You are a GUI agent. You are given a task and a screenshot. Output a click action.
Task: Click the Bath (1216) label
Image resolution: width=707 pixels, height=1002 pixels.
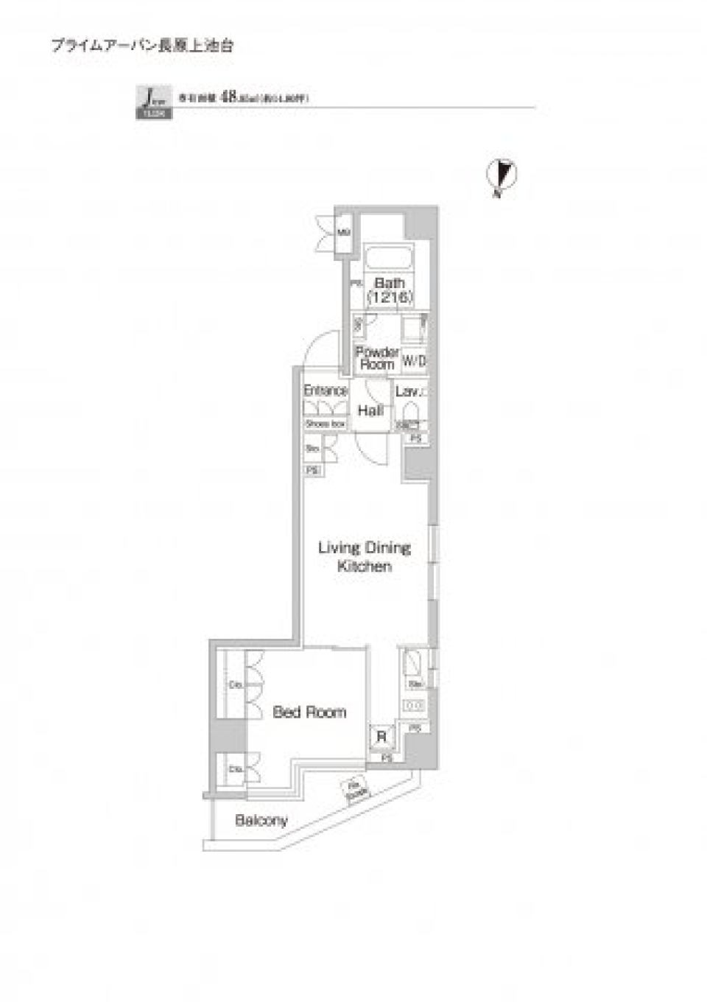pyautogui.click(x=390, y=290)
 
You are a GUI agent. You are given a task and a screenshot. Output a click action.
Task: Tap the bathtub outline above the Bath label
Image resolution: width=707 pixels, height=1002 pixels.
pyautogui.click(x=390, y=260)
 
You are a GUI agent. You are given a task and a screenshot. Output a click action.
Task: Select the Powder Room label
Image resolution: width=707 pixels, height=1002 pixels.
pyautogui.click(x=377, y=358)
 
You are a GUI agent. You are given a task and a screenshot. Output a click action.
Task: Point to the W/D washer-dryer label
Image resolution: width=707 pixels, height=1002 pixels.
pyautogui.click(x=414, y=362)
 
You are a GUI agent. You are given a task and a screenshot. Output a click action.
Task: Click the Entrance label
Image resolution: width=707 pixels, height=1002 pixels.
pyautogui.click(x=326, y=390)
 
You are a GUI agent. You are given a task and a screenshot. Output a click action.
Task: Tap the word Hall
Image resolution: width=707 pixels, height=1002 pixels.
pyautogui.click(x=370, y=410)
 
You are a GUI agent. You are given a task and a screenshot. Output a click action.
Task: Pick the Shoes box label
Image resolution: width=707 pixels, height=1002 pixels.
pyautogui.click(x=326, y=424)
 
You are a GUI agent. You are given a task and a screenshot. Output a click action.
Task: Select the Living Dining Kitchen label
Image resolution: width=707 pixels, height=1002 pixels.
pyautogui.click(x=364, y=557)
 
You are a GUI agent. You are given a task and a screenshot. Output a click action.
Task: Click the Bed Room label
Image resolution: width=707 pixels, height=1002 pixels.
pyautogui.click(x=309, y=712)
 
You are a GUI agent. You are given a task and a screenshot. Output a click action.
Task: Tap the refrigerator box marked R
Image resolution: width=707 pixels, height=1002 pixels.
pyautogui.click(x=381, y=736)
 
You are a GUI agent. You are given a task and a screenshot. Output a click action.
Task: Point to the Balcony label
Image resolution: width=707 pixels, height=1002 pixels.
pyautogui.click(x=261, y=820)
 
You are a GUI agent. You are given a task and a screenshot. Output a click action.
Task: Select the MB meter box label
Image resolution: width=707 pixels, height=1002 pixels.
pyautogui.click(x=344, y=233)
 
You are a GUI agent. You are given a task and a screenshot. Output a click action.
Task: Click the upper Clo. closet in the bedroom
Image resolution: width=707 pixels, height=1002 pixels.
pyautogui.click(x=236, y=685)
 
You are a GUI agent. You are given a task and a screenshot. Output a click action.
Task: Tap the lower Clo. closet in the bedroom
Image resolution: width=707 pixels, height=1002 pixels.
pyautogui.click(x=236, y=769)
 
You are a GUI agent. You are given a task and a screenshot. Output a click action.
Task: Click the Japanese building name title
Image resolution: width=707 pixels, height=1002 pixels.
pyautogui.click(x=142, y=45)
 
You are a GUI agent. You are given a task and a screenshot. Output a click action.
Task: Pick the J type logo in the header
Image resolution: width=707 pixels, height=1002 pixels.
pyautogui.click(x=153, y=102)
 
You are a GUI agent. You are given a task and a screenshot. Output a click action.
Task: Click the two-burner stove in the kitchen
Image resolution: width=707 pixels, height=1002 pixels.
pyautogui.click(x=415, y=706)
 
